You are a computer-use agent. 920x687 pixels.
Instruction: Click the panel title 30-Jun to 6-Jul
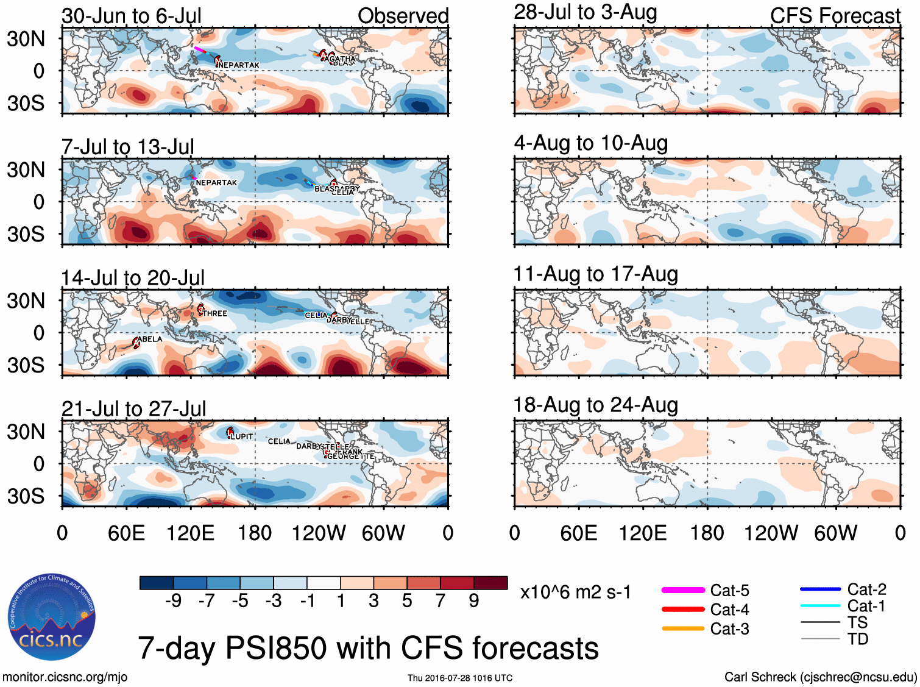pyautogui.click(x=132, y=16)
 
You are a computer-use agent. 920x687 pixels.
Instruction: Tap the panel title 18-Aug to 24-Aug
pyautogui.click(x=595, y=405)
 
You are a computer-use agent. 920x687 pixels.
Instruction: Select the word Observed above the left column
pyautogui.click(x=403, y=16)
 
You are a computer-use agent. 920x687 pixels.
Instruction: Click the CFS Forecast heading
pyautogui.click(x=835, y=16)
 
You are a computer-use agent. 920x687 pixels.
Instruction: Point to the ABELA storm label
pyautogui.click(x=150, y=339)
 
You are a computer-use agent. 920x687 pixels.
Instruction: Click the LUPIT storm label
pyautogui.click(x=242, y=436)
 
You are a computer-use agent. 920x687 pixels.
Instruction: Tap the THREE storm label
pyautogui.click(x=215, y=313)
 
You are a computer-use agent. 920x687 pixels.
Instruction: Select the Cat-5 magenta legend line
pyautogui.click(x=682, y=590)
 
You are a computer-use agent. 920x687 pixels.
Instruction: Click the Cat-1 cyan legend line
pyautogui.click(x=820, y=606)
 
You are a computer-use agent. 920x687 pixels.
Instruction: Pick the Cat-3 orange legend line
pyautogui.click(x=682, y=628)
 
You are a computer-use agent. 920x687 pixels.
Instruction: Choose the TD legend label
pyautogui.click(x=857, y=639)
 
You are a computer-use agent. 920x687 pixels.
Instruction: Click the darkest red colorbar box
pyautogui.click(x=490, y=583)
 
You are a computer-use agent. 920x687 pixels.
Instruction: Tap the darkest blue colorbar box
pyautogui.click(x=157, y=583)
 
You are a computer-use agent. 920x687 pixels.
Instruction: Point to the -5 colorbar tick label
pyautogui.click(x=240, y=601)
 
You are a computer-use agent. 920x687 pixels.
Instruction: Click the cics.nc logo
pyautogui.click(x=52, y=618)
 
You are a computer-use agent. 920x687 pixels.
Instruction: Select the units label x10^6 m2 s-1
pyautogui.click(x=575, y=592)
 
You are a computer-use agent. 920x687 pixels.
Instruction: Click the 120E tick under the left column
pyautogui.click(x=190, y=533)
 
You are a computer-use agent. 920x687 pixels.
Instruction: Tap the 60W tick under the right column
pyautogui.click(x=835, y=533)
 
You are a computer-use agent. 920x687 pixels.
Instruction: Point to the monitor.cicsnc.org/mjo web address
pyautogui.click(x=65, y=677)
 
